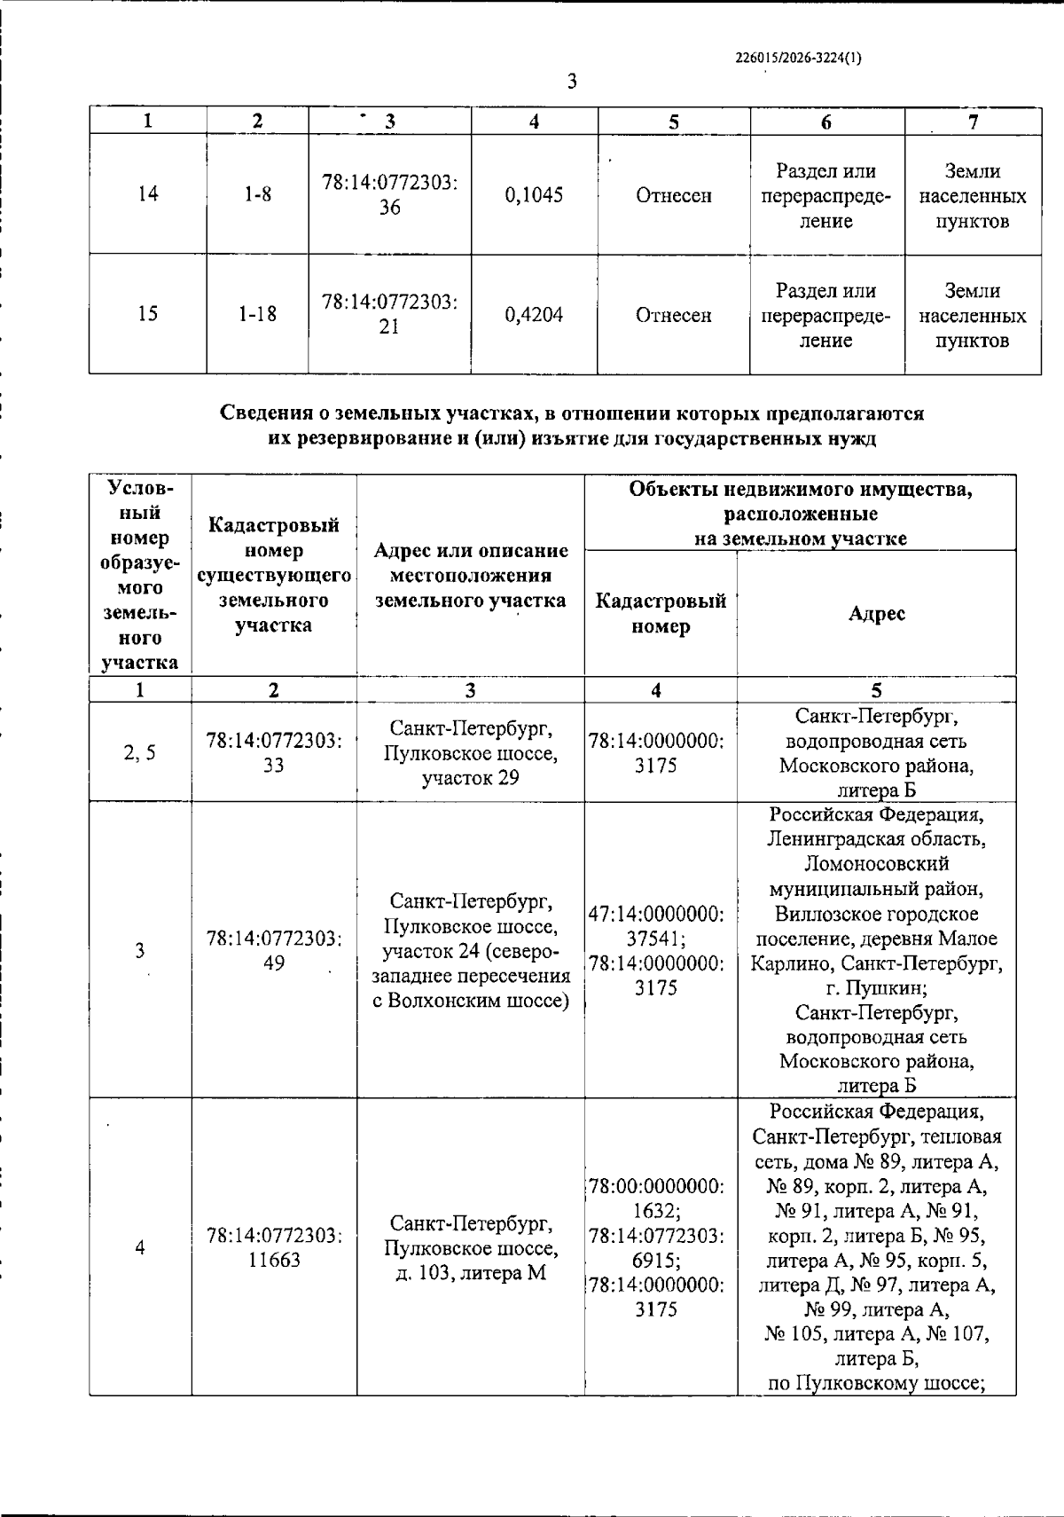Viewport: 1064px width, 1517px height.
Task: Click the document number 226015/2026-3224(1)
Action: click(x=798, y=59)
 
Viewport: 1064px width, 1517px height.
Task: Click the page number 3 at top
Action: click(x=572, y=83)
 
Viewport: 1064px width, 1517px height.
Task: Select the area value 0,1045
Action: click(x=534, y=195)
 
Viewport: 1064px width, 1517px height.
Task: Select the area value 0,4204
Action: click(x=534, y=315)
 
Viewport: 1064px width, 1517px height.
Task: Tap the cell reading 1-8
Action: click(x=258, y=195)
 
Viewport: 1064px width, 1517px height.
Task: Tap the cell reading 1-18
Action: click(x=258, y=315)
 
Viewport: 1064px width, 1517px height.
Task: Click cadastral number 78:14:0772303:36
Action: click(x=389, y=195)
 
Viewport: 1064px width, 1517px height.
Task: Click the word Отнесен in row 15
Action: click(x=673, y=316)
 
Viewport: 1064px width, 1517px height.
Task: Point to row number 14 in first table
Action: click(x=148, y=195)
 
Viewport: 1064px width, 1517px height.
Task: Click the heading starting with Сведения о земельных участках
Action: click(x=572, y=426)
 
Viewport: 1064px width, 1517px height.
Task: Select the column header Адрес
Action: click(x=876, y=614)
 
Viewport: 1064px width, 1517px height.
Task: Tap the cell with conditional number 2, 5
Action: click(x=140, y=752)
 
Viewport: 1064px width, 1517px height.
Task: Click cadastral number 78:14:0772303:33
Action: click(x=274, y=752)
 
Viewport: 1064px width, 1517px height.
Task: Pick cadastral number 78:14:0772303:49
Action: click(x=274, y=950)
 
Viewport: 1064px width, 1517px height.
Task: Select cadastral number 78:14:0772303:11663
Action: click(x=274, y=1247)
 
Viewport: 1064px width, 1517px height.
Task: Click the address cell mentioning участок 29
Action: click(x=471, y=753)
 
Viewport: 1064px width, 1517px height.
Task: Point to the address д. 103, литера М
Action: click(x=471, y=1273)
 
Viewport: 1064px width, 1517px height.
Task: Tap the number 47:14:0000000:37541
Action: click(x=656, y=925)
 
